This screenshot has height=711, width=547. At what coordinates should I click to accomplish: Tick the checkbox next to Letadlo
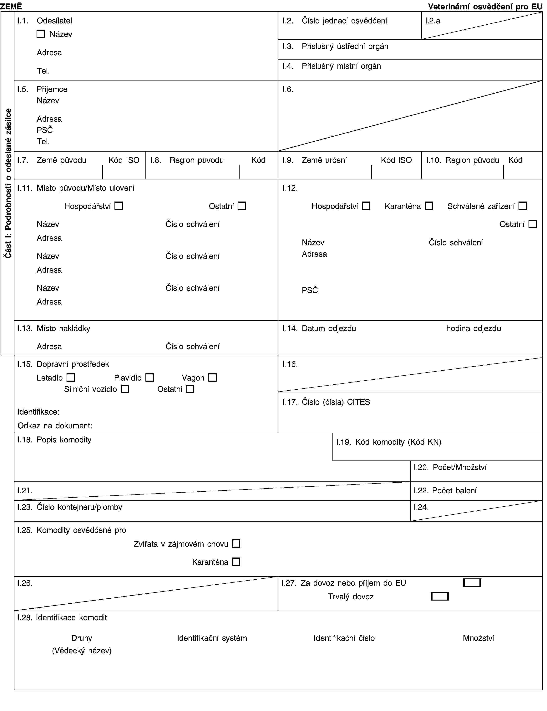(x=71, y=377)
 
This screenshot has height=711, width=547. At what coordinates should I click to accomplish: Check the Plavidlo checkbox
(x=149, y=377)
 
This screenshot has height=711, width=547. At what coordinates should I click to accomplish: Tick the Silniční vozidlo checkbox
(x=125, y=389)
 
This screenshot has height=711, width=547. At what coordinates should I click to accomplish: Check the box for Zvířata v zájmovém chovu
(x=236, y=543)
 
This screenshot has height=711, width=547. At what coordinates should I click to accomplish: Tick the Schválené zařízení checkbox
(x=523, y=206)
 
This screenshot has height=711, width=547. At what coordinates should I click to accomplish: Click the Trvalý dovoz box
(x=440, y=597)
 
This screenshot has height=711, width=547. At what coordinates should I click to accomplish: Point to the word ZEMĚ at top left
(x=11, y=6)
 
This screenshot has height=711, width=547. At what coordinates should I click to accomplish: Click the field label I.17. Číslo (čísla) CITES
(x=326, y=402)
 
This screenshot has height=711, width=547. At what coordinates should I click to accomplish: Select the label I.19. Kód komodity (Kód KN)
(x=389, y=442)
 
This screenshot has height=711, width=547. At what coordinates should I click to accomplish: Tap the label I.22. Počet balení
(x=445, y=491)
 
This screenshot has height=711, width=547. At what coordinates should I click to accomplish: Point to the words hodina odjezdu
(x=474, y=328)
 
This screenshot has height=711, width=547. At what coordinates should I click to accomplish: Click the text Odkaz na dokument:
(x=55, y=426)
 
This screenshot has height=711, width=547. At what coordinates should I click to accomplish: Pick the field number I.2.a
(x=433, y=21)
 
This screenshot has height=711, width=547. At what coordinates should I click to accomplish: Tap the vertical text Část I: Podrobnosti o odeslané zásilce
(x=8, y=183)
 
